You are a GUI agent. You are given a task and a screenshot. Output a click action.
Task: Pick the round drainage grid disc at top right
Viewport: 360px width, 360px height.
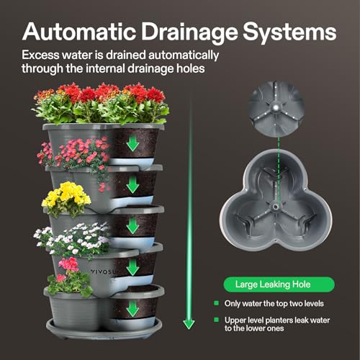click(x=276, y=108)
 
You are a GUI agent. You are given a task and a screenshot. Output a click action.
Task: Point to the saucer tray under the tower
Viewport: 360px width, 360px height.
click(x=104, y=329)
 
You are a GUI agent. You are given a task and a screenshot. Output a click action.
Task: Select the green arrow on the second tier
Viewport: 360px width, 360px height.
click(x=132, y=185)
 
